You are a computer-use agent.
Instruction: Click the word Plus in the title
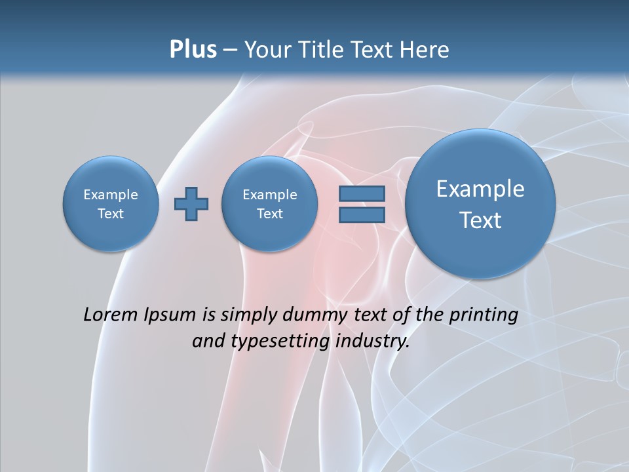[x=193, y=50]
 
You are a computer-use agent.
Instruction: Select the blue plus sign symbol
[x=191, y=204]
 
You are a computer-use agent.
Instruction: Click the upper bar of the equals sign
[x=362, y=193]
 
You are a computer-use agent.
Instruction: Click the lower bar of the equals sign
[x=362, y=215]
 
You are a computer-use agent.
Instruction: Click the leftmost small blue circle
[x=111, y=203]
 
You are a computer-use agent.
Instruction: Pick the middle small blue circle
[x=269, y=204]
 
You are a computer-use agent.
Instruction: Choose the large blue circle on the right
[x=480, y=204]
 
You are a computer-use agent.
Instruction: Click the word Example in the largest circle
[x=480, y=189]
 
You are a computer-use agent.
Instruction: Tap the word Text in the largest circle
[x=480, y=220]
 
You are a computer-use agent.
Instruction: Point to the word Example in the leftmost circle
[x=111, y=195]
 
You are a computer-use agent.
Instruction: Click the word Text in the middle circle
[x=269, y=214]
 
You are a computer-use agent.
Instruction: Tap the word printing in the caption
[x=484, y=315]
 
